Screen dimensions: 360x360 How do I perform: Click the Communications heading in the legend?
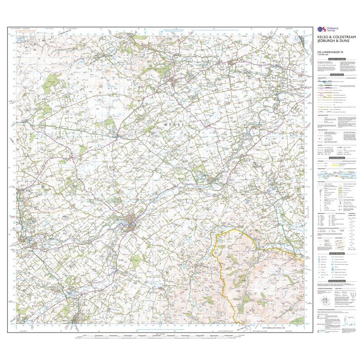point(337,75)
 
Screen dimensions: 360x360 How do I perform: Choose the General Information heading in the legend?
point(337,158)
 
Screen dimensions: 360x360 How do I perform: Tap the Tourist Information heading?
point(337,253)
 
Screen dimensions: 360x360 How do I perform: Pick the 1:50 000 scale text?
point(324,55)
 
